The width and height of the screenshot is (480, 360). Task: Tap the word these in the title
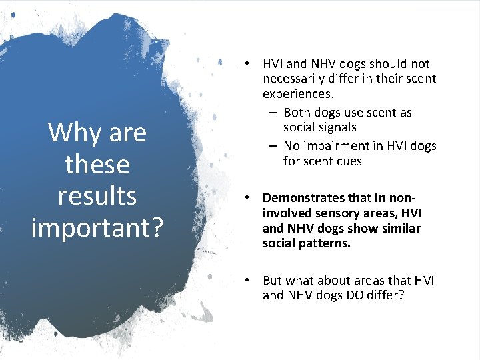tap(97, 164)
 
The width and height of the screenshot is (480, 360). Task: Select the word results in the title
tap(97, 195)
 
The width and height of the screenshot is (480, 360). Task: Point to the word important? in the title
tap(97, 227)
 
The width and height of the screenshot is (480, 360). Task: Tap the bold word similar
tap(400, 229)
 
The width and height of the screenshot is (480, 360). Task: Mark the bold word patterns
tap(332, 244)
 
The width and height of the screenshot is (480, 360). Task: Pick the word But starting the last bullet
tap(273, 281)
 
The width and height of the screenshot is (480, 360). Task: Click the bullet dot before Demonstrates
tap(247, 198)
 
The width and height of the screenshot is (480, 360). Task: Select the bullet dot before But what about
tap(247, 281)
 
